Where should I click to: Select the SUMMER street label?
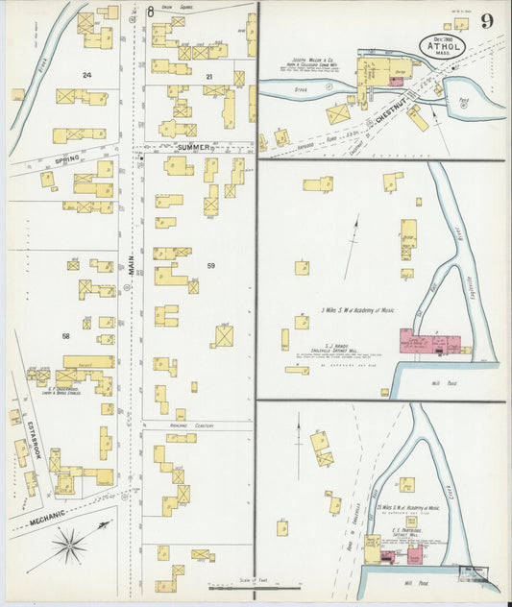click(193, 148)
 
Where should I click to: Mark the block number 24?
click(86, 74)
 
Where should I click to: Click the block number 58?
click(66, 335)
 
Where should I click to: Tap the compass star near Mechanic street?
click(70, 546)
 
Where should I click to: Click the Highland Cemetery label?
click(192, 425)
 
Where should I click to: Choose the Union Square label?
click(173, 9)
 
